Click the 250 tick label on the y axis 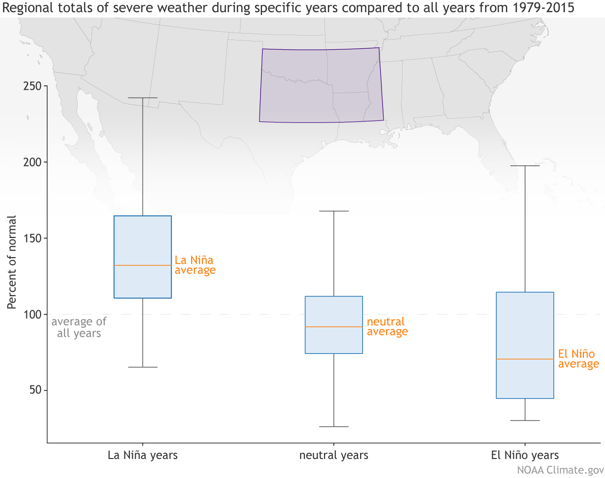pyautogui.click(x=33, y=86)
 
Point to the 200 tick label pyautogui.click(x=33, y=162)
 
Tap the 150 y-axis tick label pyautogui.click(x=33, y=239)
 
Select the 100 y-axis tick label pyautogui.click(x=33, y=315)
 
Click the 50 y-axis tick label pyautogui.click(x=36, y=391)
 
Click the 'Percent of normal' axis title pyautogui.click(x=12, y=262)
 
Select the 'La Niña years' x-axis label pyautogui.click(x=142, y=456)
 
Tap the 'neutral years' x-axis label pyautogui.click(x=334, y=456)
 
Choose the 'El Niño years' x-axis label pyautogui.click(x=524, y=456)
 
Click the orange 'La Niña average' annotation pyautogui.click(x=195, y=265)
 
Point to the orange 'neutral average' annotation pyautogui.click(x=387, y=326)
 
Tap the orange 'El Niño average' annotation pyautogui.click(x=578, y=358)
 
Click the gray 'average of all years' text pyautogui.click(x=79, y=327)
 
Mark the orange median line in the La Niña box pyautogui.click(x=142, y=265)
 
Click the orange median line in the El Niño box pyautogui.click(x=525, y=359)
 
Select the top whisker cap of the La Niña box pyautogui.click(x=142, y=98)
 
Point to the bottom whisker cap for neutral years pyautogui.click(x=334, y=427)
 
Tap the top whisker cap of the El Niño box pyautogui.click(x=525, y=166)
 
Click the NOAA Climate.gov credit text pyautogui.click(x=560, y=470)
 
